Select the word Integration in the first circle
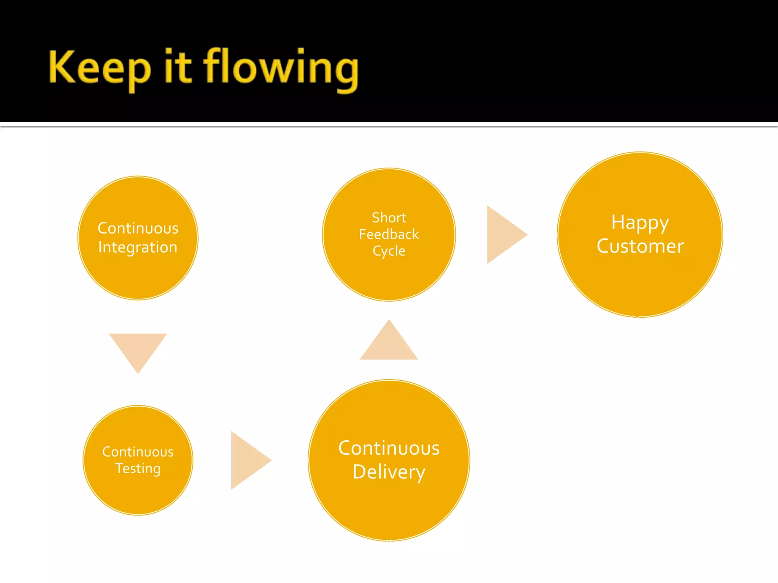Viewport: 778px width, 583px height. click(138, 247)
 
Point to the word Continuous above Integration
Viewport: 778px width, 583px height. click(138, 228)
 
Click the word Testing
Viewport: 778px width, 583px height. click(138, 469)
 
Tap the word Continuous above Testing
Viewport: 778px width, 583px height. click(138, 452)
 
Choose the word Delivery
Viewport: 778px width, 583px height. click(389, 472)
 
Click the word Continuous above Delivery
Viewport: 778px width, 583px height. click(389, 448)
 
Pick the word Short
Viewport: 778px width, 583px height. click(389, 217)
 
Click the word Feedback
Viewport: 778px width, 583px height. click(389, 234)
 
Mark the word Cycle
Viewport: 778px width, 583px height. click(389, 251)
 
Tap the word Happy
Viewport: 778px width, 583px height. click(640, 223)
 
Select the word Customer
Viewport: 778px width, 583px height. click(640, 246)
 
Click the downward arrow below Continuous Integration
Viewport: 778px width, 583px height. click(138, 348)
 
